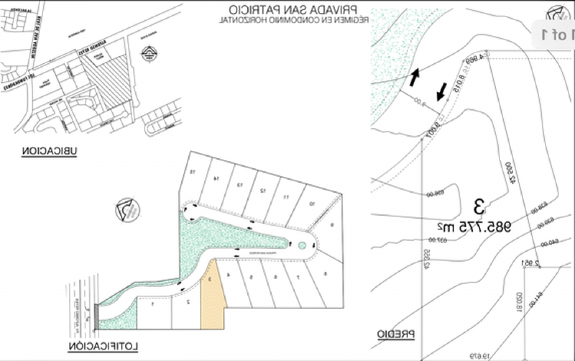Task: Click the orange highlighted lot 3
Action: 213,297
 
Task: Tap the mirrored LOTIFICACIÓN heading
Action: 103,346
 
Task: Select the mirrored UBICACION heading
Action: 49,151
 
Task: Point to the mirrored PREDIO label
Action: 395,334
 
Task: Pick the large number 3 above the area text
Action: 479,207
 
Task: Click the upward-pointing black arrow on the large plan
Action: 414,77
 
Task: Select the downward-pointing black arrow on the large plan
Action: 442,92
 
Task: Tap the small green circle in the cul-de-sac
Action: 301,245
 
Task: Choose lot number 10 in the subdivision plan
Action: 312,204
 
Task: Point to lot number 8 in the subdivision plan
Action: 325,274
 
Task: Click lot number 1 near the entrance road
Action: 152,304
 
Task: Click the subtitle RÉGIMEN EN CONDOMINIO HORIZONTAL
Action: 293,20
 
